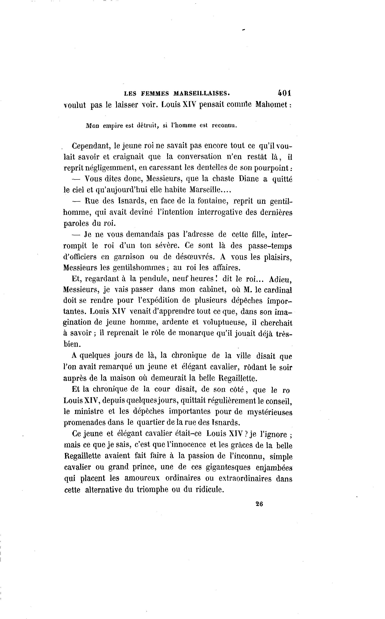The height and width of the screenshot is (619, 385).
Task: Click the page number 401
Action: (284, 93)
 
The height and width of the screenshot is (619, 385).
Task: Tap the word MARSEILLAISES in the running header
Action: (201, 94)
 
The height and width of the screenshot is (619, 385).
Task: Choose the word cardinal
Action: (278, 290)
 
